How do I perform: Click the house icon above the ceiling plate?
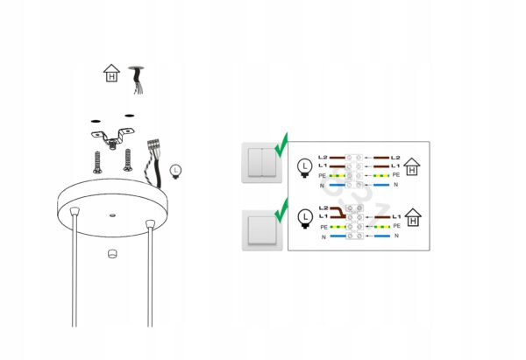coord(111,74)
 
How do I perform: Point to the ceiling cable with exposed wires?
coord(137,80)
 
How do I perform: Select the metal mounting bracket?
coord(113,137)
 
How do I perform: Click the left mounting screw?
coord(97,163)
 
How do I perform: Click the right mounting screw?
coord(127,160)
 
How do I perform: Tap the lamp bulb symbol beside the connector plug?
coord(175,172)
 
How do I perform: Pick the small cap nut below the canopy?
coord(112,254)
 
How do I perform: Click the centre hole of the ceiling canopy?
coord(113,215)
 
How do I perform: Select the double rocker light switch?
coord(261,163)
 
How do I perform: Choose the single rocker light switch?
coord(262,230)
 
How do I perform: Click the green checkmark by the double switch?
coord(281,145)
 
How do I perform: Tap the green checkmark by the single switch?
coord(281,210)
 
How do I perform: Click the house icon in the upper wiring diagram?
coord(412,166)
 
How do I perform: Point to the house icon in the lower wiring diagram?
coord(413,217)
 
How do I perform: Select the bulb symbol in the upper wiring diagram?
coord(304,168)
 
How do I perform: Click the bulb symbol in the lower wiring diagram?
coord(305,219)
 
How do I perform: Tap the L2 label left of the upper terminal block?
coord(323,157)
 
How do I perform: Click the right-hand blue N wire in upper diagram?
coord(381,185)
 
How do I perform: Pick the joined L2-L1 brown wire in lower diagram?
coord(338,213)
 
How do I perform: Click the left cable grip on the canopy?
coord(75,211)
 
